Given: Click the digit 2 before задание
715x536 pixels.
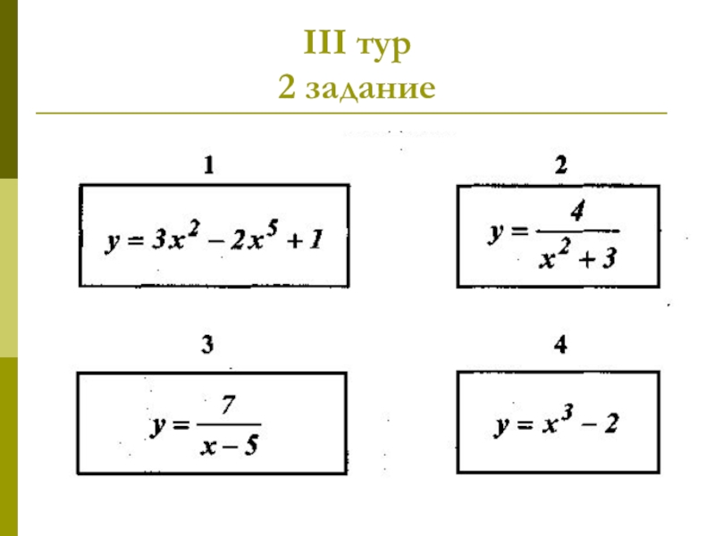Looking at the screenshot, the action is (287, 88).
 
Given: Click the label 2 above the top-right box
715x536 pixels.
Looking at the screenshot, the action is (560, 165).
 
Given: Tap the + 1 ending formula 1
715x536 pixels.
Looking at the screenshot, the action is (308, 240).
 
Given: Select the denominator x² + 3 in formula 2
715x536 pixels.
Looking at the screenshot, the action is (576, 257).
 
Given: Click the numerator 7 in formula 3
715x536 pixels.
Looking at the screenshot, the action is (228, 406).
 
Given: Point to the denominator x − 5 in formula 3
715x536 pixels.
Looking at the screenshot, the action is (230, 444).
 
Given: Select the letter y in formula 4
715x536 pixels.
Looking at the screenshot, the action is (502, 427).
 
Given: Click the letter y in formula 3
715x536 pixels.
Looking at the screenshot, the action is (156, 426).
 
